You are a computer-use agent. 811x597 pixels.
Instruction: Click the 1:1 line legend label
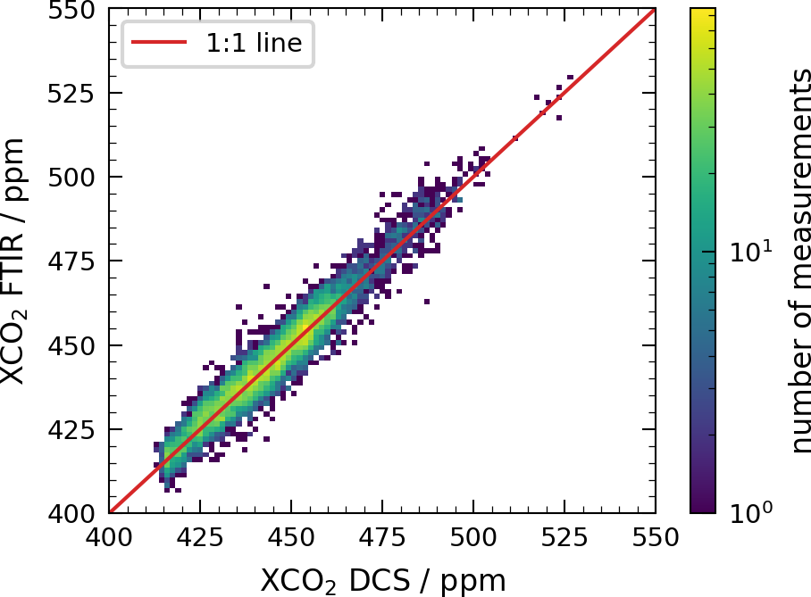pos(254,42)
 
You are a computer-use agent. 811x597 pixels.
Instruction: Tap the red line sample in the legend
pos(159,42)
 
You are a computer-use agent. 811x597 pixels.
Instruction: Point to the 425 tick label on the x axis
pos(200,537)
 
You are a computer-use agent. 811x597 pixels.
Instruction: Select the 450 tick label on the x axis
pos(290,537)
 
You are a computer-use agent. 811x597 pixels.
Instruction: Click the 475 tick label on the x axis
pos(382,537)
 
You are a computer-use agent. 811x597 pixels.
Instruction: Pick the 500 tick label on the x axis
pos(473,537)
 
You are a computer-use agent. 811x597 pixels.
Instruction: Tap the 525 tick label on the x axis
pos(564,537)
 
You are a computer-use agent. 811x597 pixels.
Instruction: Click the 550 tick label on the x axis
pos(656,537)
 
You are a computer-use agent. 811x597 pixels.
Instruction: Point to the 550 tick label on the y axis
pos(71,11)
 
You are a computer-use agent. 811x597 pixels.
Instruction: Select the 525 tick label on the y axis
pos(71,94)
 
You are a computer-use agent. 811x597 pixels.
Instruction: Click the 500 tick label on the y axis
pos(71,178)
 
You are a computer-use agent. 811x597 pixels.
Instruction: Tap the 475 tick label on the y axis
pos(71,261)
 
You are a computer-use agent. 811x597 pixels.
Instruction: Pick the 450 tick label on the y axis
pos(71,345)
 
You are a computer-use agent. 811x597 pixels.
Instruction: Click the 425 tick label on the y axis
pos(71,430)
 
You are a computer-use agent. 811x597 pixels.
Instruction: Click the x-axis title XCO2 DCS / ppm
pos(383,581)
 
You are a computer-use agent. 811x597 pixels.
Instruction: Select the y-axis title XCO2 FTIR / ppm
pos(13,261)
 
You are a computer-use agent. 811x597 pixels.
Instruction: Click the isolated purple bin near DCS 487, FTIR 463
pos(427,302)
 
